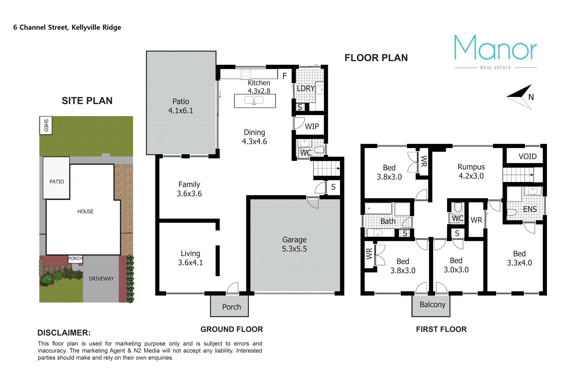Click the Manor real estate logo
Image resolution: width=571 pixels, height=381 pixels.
click(495, 51)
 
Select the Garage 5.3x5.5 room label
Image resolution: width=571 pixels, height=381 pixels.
click(294, 244)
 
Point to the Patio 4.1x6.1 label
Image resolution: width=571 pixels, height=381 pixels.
click(180, 106)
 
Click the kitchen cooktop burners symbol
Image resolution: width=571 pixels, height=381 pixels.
click(246, 74)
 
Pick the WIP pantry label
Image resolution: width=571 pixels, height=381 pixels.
click(312, 126)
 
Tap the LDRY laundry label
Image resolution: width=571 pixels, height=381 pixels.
click(305, 88)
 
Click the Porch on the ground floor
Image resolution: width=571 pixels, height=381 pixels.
click(231, 307)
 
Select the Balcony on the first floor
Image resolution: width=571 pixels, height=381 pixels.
click(432, 305)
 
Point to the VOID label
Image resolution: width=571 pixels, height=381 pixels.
click(527, 156)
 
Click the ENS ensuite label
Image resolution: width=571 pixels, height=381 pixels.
click(530, 209)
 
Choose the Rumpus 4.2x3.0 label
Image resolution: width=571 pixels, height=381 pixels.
click(471, 171)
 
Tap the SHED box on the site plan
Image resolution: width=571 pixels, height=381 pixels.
click(46, 125)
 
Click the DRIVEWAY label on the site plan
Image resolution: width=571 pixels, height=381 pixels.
click(101, 279)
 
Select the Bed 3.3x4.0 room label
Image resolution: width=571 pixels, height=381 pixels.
click(519, 258)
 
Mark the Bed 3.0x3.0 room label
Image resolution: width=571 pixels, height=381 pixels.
click(456, 265)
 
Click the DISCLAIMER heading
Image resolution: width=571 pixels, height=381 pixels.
click(64, 333)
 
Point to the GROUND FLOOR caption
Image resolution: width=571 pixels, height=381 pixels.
click(232, 329)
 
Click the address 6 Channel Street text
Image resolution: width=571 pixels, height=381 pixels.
click(67, 28)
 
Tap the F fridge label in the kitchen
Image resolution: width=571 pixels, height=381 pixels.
click(285, 76)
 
